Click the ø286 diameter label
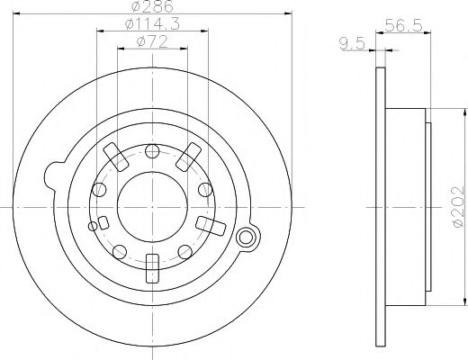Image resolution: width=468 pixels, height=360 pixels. coord(150,6)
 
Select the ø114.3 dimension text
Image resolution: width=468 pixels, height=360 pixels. coord(150,24)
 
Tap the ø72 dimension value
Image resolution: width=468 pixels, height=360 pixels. coord(150,41)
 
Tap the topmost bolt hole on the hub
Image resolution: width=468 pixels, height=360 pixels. coord(151,150)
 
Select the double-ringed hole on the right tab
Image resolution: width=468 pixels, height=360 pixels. coord(245,238)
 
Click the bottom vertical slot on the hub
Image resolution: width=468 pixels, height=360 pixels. coord(151,267)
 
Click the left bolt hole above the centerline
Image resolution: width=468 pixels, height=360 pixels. coord(99,189)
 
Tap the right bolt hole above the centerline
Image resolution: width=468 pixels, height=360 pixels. coord(204,189)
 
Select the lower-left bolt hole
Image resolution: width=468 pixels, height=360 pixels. coord(119,249)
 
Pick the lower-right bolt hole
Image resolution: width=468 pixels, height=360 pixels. coord(184,249)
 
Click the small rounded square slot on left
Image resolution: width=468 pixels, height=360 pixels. coord(103,222)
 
